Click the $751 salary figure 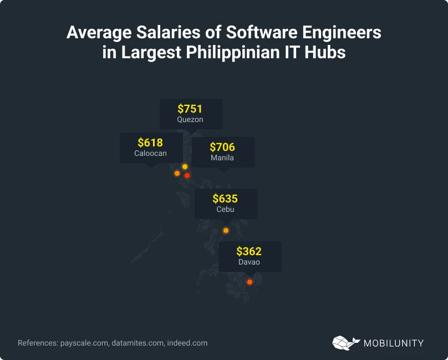tap(190, 109)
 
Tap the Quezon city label tap(190, 119)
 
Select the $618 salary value tap(150, 143)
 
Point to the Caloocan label tap(150, 153)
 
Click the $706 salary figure tap(222, 147)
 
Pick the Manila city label tap(222, 158)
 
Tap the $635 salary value tap(225, 199)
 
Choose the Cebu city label tap(225, 209)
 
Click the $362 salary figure tap(249, 251)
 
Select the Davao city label tap(249, 262)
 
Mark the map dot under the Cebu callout tap(226, 231)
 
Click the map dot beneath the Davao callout tap(250, 282)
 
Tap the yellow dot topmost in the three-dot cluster tap(185, 167)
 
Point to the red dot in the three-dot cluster tap(187, 176)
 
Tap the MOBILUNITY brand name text tap(393, 343)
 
